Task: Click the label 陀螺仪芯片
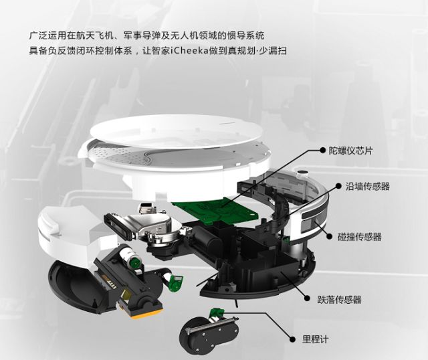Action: pos(350,151)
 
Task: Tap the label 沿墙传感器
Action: pos(368,187)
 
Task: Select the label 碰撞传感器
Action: pos(360,236)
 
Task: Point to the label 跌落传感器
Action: pos(339,300)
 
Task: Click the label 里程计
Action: pos(315,339)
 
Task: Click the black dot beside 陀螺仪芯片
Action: pos(323,150)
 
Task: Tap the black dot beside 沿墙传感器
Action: pos(338,186)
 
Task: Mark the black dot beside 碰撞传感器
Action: pos(330,236)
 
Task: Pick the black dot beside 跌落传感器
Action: pos(307,298)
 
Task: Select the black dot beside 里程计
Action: pos(293,339)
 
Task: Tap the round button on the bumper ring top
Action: pos(303,173)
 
